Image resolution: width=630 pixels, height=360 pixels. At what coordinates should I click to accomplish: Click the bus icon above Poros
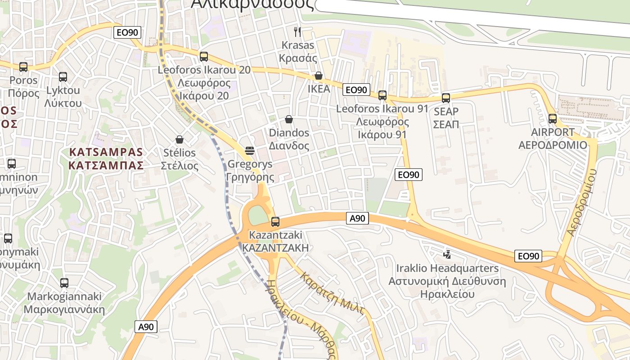(x=23, y=67)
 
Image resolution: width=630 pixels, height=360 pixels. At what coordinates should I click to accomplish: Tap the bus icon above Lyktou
(x=63, y=77)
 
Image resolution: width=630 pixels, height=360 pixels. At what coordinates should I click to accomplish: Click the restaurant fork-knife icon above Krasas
(x=297, y=31)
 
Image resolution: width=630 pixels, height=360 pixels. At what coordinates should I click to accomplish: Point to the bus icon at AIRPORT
(x=553, y=119)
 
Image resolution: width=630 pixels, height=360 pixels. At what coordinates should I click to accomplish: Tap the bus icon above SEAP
(x=446, y=98)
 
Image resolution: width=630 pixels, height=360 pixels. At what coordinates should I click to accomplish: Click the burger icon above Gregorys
(x=250, y=150)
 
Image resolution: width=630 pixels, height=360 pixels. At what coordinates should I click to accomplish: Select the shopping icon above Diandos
(x=289, y=119)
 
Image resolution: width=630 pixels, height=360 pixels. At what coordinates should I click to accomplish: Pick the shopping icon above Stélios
(x=180, y=139)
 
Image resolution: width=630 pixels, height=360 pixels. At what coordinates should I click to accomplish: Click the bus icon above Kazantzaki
(x=275, y=221)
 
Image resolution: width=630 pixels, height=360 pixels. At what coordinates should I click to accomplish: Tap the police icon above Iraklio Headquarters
(x=447, y=254)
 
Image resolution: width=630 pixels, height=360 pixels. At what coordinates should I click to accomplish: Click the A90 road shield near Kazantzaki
(x=358, y=219)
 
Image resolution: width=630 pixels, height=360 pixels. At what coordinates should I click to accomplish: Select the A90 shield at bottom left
(x=146, y=327)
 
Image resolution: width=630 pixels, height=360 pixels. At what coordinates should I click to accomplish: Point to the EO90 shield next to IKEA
(x=356, y=90)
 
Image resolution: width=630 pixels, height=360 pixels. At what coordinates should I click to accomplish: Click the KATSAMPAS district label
(x=106, y=158)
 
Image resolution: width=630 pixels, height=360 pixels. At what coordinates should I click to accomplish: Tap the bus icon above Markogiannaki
(x=64, y=283)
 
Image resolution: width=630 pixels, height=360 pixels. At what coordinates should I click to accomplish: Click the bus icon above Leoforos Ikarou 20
(x=204, y=57)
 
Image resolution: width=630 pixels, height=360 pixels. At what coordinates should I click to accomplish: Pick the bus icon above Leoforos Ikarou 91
(x=382, y=95)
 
